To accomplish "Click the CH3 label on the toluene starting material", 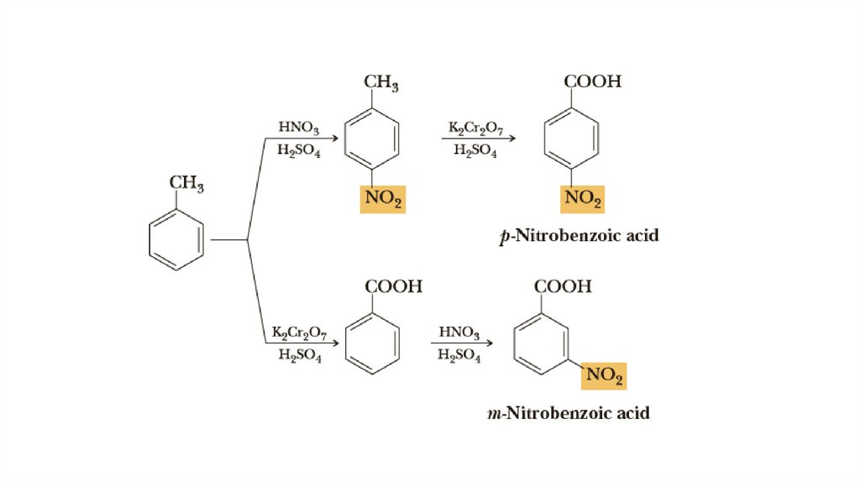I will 186,182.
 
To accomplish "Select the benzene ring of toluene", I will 176,240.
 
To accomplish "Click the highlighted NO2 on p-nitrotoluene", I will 382,199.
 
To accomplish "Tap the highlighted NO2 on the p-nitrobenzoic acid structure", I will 582,199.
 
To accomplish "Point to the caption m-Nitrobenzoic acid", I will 569,413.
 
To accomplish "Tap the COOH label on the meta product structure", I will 563,286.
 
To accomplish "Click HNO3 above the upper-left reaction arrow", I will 298,128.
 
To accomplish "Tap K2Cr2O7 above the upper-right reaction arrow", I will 475,128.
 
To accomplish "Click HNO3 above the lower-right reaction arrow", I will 459,333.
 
